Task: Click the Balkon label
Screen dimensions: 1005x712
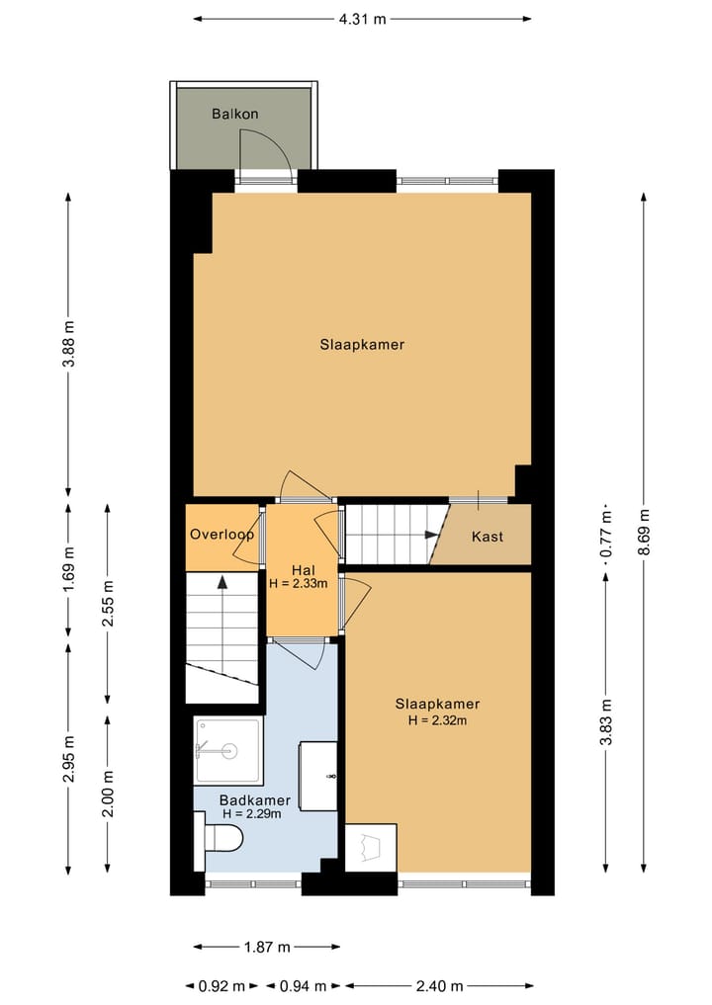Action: [235, 114]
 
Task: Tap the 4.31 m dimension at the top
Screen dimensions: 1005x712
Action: [362, 18]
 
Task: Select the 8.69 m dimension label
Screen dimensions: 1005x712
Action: [644, 535]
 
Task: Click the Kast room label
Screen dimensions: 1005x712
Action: [488, 537]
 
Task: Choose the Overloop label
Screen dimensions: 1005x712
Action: [222, 535]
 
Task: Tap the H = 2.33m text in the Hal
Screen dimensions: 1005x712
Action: [302, 584]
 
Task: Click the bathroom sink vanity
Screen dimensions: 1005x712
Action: [319, 777]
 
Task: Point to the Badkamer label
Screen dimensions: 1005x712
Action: [255, 800]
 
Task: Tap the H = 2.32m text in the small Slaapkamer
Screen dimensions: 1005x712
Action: [437, 720]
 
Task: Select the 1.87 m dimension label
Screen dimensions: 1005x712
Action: [267, 947]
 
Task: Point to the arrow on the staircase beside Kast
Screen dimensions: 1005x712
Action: [432, 535]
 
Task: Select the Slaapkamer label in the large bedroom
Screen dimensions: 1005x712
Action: [362, 345]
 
